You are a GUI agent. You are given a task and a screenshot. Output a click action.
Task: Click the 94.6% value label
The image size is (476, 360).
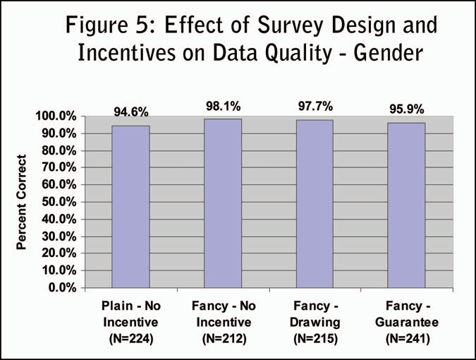point(130,112)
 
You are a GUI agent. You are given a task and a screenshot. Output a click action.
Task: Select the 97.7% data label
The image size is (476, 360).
point(315,107)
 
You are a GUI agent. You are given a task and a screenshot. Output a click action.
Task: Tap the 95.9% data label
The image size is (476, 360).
point(406,110)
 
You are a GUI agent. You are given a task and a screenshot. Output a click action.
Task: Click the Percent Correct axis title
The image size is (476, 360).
point(22,202)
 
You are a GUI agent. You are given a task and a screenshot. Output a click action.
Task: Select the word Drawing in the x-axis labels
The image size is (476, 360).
point(315,323)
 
